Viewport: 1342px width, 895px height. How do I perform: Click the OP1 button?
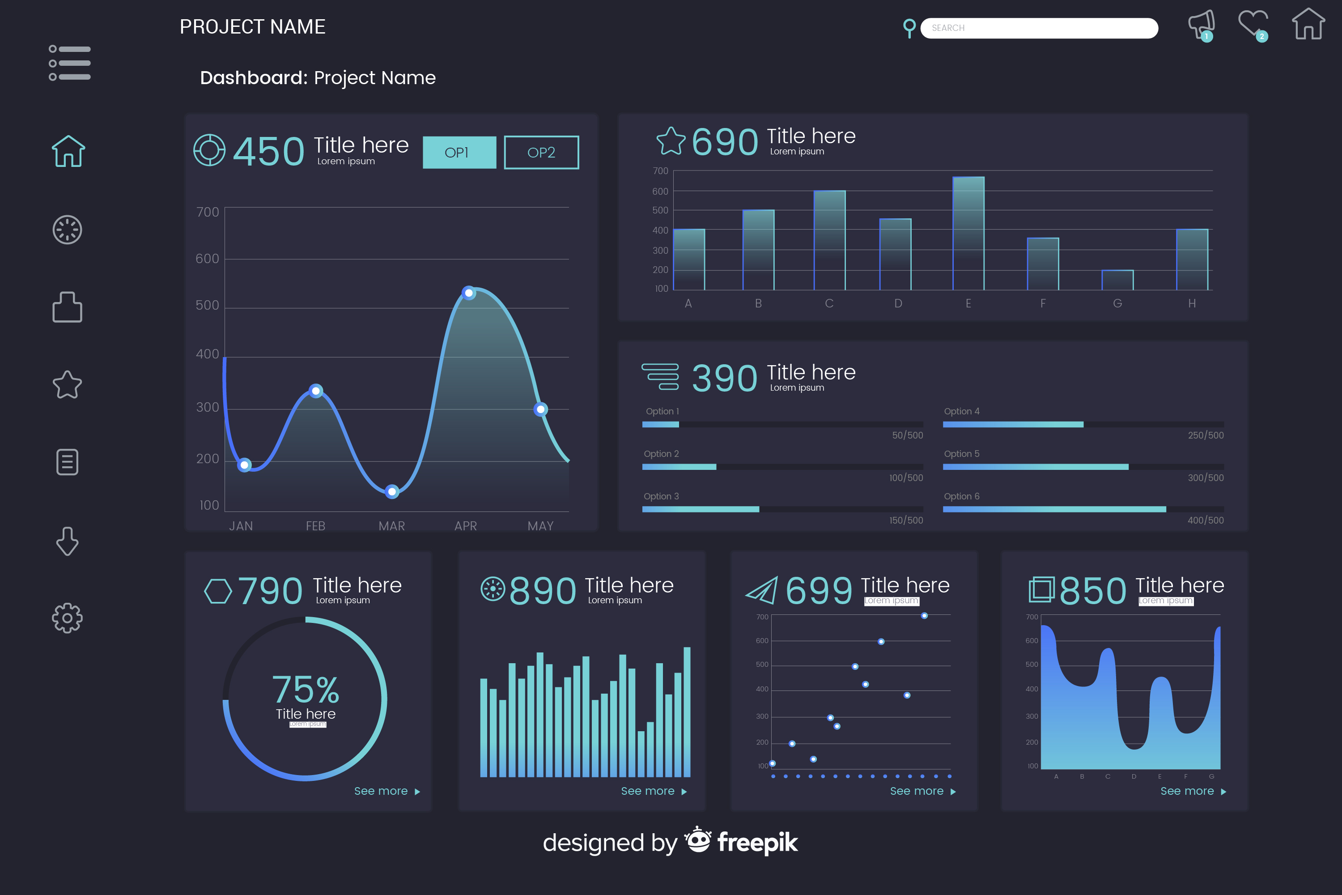click(459, 153)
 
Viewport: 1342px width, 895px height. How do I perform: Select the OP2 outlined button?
click(541, 153)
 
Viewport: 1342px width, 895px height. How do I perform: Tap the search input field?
click(1038, 28)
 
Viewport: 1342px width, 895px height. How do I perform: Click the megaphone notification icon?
click(1201, 25)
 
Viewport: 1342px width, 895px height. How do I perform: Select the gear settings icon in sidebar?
click(68, 618)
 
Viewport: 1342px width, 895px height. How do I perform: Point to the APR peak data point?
click(468, 293)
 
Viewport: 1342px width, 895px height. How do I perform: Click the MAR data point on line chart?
click(391, 491)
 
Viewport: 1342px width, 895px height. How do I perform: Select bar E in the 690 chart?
click(968, 234)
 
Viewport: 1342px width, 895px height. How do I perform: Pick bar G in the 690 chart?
click(1117, 280)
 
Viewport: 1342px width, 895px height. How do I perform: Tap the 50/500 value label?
click(907, 435)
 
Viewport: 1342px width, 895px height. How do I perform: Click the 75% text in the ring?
click(306, 690)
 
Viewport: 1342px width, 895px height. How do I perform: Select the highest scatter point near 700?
click(924, 616)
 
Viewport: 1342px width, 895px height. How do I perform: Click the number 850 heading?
click(1092, 590)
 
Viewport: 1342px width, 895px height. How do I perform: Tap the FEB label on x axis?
click(315, 526)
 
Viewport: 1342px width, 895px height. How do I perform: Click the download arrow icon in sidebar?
click(68, 541)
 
